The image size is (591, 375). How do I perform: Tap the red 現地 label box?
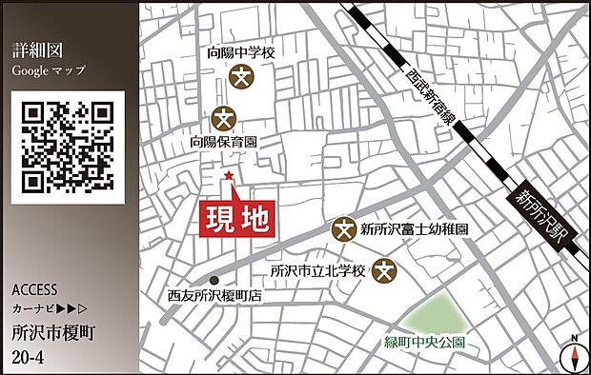point(237,220)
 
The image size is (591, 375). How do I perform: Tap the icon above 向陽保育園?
point(225,118)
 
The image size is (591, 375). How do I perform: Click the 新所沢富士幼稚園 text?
point(414,229)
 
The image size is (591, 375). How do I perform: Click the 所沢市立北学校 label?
point(317,270)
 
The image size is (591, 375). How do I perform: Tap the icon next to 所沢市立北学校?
point(384,270)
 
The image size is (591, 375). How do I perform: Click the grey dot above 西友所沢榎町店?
point(216,280)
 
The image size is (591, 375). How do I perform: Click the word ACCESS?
point(36,289)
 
